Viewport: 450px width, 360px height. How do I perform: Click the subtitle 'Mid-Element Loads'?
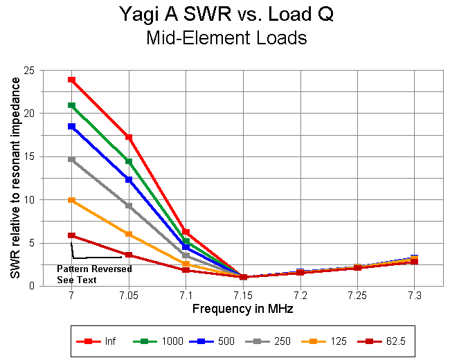226,38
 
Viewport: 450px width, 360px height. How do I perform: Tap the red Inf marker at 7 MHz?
71,80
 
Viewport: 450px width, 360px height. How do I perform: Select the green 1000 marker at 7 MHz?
71,105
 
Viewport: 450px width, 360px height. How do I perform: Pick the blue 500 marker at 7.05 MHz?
128,179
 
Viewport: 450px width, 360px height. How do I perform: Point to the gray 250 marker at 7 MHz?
71,159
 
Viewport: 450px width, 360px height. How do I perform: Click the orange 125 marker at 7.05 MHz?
128,234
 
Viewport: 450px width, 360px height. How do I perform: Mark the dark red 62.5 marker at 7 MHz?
71,235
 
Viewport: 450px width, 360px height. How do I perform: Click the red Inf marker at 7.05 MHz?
128,137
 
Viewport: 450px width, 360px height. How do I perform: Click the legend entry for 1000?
159,341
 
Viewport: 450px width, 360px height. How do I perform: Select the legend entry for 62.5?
381,341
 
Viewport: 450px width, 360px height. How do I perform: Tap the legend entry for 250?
271,341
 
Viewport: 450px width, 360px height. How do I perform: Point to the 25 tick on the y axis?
31,71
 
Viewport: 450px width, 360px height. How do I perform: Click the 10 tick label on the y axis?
31,200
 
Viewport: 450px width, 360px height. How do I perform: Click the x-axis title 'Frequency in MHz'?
242,309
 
